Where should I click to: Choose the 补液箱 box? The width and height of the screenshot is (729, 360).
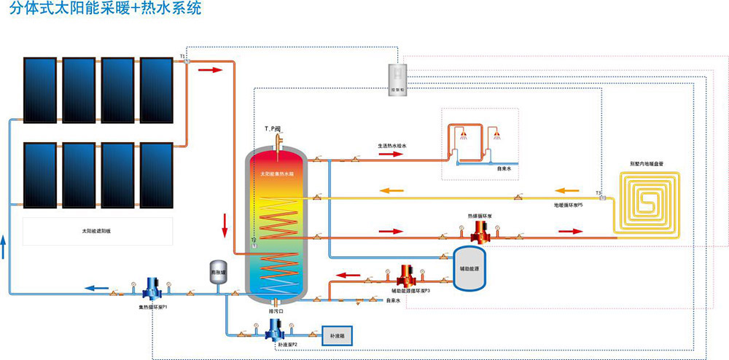click(339, 337)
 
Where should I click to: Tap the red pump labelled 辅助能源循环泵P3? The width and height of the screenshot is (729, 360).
click(406, 275)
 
